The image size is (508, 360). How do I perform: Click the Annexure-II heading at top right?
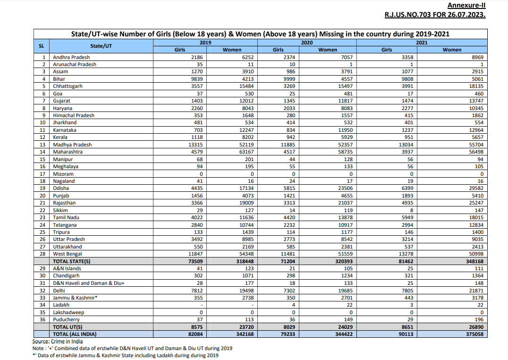coord(466,5)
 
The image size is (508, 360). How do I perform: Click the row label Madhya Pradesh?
coord(72,145)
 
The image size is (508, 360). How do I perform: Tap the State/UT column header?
coord(101,46)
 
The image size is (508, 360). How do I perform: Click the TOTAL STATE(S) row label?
coord(72,261)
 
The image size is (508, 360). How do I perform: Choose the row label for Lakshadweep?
coord(69,312)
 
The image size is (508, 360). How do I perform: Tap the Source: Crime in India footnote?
coord(58,341)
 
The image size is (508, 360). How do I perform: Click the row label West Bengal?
coord(68,254)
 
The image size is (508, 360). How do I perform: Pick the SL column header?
coord(41,46)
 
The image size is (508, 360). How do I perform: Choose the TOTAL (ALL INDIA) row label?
coord(75,334)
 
